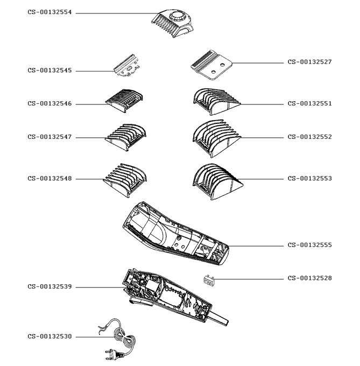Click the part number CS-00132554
(50, 12)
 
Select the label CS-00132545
(50, 71)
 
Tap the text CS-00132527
(309, 62)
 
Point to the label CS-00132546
(50, 104)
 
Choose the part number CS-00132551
(309, 103)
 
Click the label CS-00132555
(309, 245)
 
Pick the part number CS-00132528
(309, 278)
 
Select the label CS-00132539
(50, 287)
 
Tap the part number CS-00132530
(50, 336)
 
